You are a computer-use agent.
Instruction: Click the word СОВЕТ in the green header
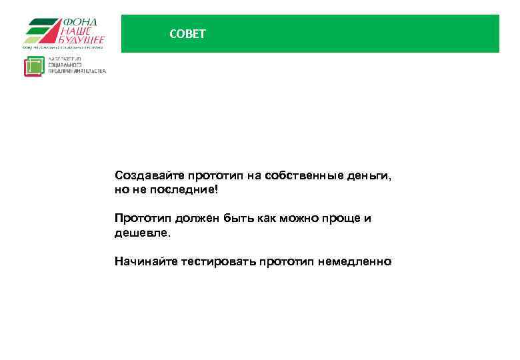coord(188,34)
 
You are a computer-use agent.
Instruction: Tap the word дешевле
coord(143,233)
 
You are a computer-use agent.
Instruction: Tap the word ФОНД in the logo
coord(80,22)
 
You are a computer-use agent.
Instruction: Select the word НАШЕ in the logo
coord(78,31)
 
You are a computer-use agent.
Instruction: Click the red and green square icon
coord(34,67)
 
